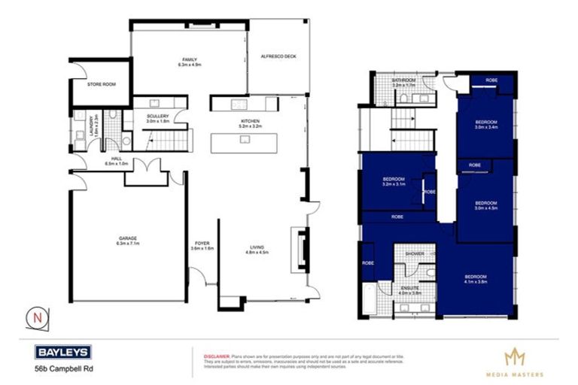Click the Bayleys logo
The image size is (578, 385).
tap(63, 352)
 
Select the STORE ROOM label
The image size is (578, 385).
tap(101, 85)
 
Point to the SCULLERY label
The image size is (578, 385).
tap(158, 117)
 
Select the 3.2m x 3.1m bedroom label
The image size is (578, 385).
tap(394, 180)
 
